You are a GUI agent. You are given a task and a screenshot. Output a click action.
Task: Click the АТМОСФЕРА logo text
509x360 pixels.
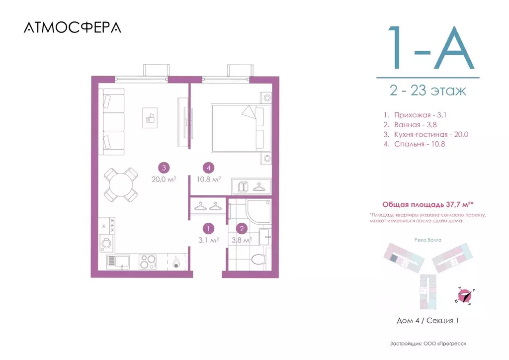point(72,27)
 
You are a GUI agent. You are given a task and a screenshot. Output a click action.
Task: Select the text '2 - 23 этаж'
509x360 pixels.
point(428,91)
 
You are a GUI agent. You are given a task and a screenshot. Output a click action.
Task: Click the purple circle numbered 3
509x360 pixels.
point(163,168)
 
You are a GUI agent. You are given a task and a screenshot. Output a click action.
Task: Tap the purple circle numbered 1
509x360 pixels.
point(208,229)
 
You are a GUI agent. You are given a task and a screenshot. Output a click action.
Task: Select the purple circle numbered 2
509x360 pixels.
point(242,229)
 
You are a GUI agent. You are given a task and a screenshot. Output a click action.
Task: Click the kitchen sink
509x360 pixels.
point(118,261)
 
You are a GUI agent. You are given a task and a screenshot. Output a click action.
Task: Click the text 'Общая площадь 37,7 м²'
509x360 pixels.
point(427,204)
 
